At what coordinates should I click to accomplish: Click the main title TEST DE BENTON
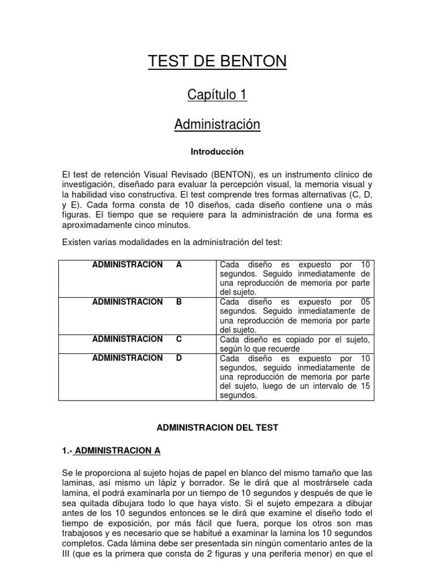pyautogui.click(x=217, y=62)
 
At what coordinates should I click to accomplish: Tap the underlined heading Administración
pyautogui.click(x=217, y=125)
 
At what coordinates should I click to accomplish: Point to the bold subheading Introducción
pyautogui.click(x=217, y=152)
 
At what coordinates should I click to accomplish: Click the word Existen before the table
pyautogui.click(x=76, y=242)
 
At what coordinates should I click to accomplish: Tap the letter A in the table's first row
pyautogui.click(x=179, y=265)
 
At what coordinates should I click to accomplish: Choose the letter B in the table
pyautogui.click(x=179, y=302)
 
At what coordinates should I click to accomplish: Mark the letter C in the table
pyautogui.click(x=179, y=339)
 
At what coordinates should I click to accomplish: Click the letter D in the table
pyautogui.click(x=179, y=358)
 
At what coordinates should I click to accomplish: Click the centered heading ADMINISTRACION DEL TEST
pyautogui.click(x=217, y=426)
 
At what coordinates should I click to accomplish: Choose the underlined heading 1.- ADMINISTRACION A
pyautogui.click(x=111, y=451)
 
